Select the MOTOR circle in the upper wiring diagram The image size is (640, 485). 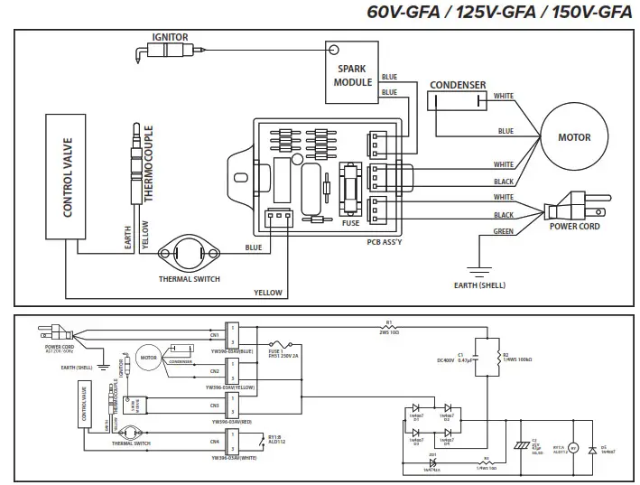pos(574,138)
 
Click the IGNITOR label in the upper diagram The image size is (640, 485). pos(171,37)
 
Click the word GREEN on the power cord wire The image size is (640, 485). pos(504,232)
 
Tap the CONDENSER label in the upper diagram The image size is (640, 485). pos(458,86)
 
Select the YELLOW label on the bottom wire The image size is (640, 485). pos(267,293)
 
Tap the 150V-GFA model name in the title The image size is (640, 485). pos(590,13)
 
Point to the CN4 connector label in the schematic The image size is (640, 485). pos(215,441)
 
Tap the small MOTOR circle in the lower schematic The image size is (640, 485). pos(147,356)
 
